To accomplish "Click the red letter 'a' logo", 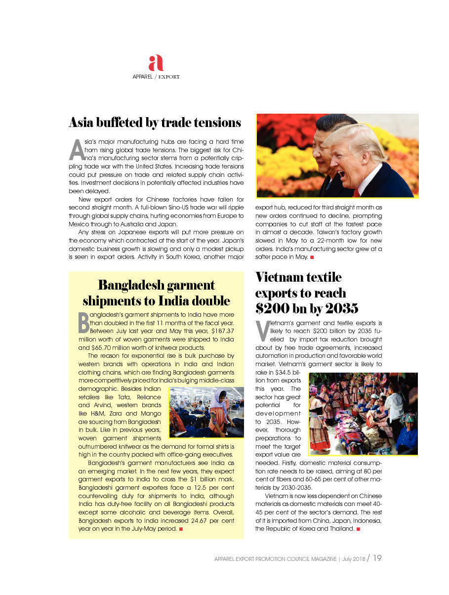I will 156,63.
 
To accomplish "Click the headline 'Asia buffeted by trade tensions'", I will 155,122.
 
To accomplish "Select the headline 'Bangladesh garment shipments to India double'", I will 156,293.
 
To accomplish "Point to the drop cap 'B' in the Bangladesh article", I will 83,323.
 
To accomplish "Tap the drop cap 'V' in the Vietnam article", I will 262,331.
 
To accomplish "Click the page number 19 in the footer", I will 377,558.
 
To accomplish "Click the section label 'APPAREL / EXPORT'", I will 156,77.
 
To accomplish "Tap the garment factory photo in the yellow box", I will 206,412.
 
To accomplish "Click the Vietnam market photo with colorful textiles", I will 363,414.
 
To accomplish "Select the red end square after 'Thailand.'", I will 357,529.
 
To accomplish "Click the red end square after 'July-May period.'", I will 181,529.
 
